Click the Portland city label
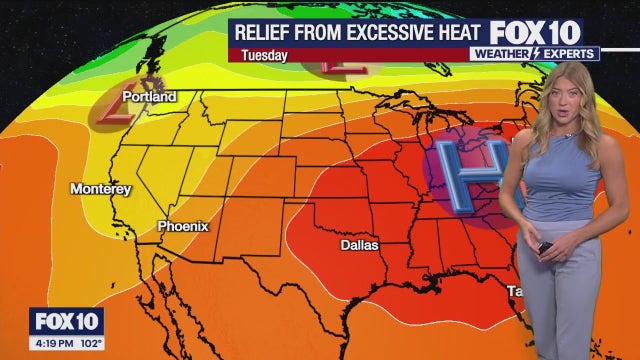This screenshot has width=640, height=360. (x=149, y=97)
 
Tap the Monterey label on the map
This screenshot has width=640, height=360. (x=100, y=188)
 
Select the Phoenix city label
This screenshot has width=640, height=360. (x=183, y=226)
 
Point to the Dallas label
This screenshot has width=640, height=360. (x=360, y=244)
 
